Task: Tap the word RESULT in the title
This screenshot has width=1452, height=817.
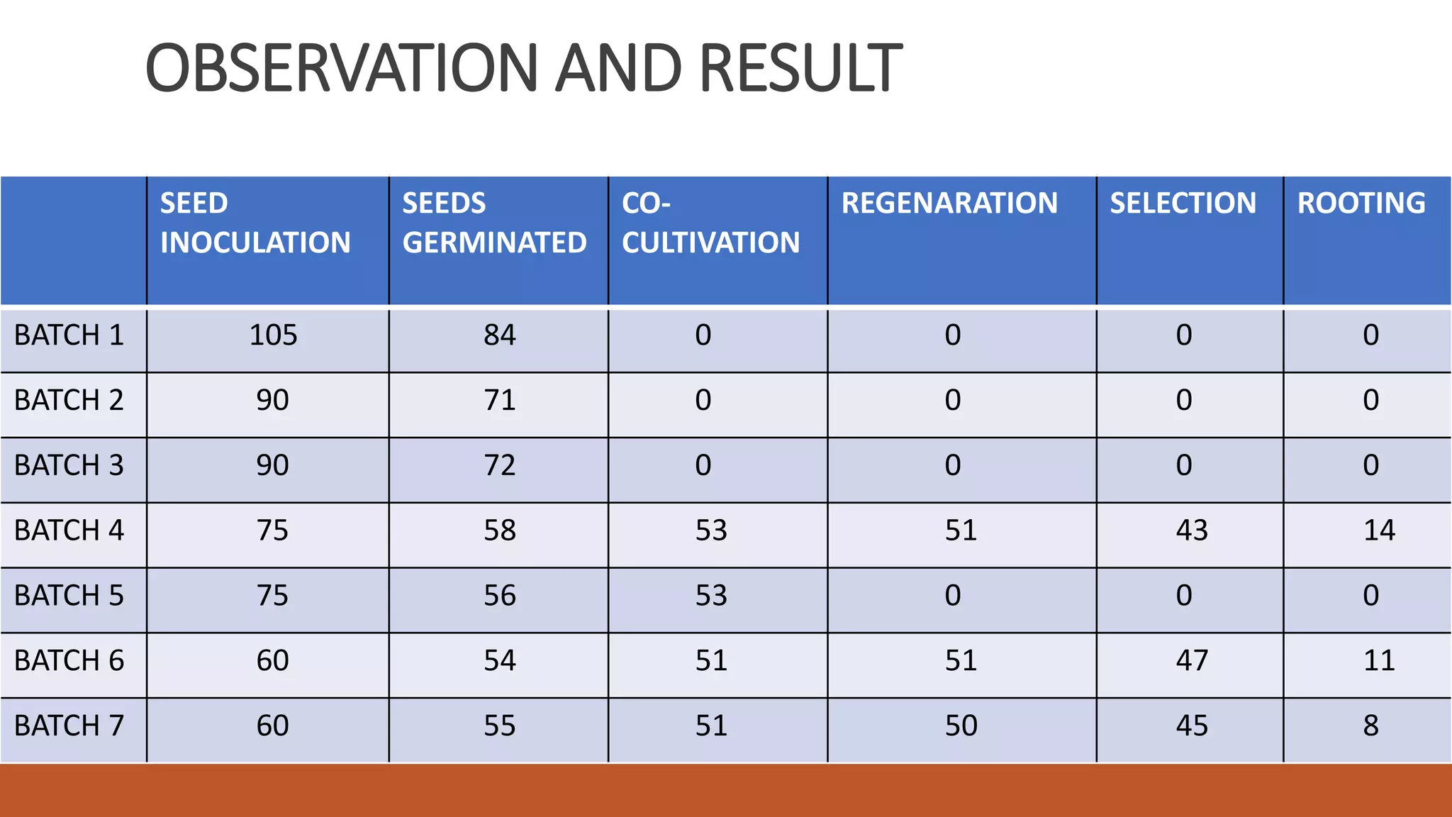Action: click(801, 68)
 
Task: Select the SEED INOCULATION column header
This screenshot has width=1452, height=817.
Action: click(255, 223)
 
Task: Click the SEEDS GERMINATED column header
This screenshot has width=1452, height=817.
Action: click(494, 223)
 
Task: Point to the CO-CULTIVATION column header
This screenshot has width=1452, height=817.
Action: click(710, 223)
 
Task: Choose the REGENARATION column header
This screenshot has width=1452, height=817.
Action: click(949, 204)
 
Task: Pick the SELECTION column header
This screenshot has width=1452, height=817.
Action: click(1183, 204)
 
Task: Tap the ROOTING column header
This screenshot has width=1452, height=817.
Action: click(1361, 204)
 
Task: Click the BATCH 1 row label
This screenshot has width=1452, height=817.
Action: click(69, 335)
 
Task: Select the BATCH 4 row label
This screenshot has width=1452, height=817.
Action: click(69, 530)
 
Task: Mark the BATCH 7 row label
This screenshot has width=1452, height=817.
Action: click(69, 726)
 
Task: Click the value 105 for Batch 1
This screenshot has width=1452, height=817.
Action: click(273, 335)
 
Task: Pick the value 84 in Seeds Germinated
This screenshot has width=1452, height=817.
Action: click(499, 335)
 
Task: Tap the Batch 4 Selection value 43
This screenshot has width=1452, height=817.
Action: click(1192, 530)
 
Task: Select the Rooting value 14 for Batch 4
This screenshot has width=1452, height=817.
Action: click(1379, 530)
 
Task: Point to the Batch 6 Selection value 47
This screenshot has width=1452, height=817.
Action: click(1192, 661)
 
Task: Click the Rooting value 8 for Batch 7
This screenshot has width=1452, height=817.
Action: click(1370, 726)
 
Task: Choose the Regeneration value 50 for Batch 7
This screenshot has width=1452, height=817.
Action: click(961, 726)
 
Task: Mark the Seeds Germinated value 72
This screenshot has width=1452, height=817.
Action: click(499, 466)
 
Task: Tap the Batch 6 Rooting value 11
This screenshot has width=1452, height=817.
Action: click(1379, 661)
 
